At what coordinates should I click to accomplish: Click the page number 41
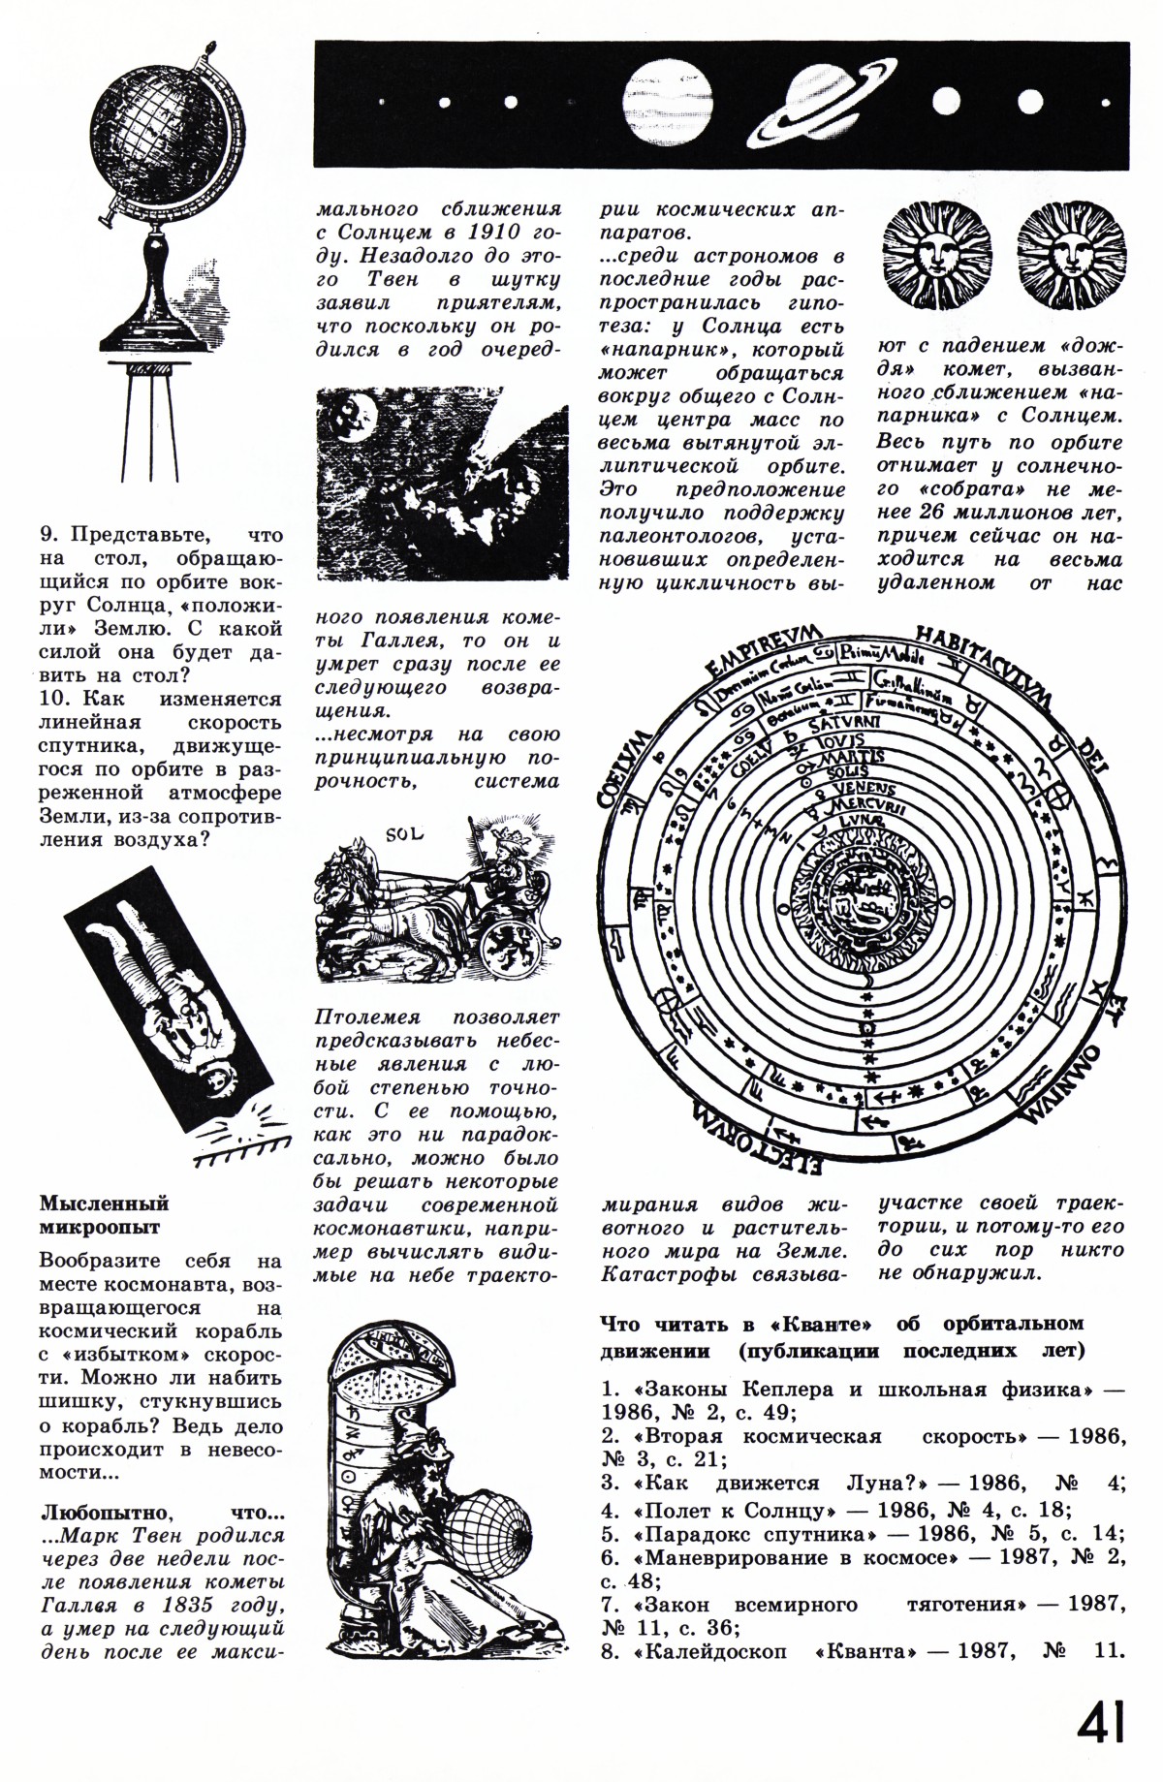tap(1099, 1721)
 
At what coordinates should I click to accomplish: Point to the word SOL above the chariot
tap(398, 832)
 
